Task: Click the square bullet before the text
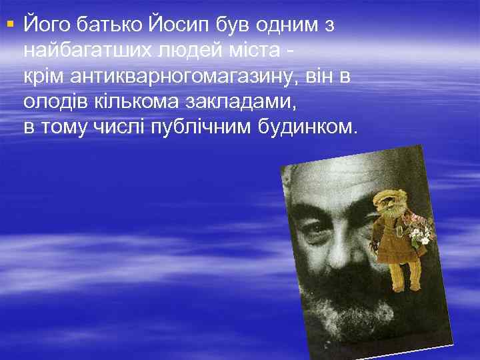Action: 9,25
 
